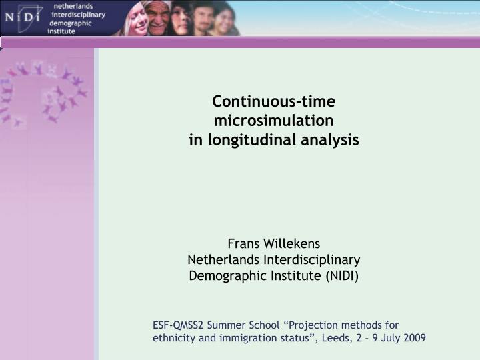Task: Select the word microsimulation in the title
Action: pos(274,121)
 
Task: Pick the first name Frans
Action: pos(243,243)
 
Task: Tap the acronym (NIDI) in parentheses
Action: pos(342,275)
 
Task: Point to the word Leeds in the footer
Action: pos(335,338)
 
